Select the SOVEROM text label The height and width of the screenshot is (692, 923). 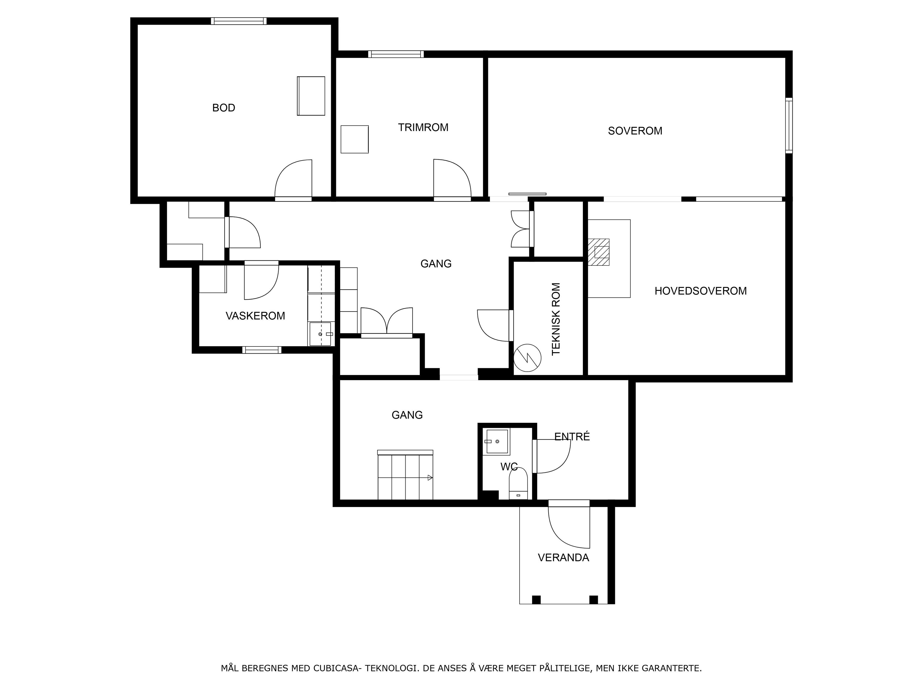click(x=635, y=131)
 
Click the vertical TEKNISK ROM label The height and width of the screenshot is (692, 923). click(x=556, y=319)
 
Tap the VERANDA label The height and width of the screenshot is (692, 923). click(x=563, y=558)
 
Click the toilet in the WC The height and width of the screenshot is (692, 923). click(x=518, y=484)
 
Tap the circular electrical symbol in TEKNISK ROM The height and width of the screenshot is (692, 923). click(x=527, y=358)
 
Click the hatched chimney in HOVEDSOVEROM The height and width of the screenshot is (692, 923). click(x=599, y=252)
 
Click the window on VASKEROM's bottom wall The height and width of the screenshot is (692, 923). click(x=262, y=350)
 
